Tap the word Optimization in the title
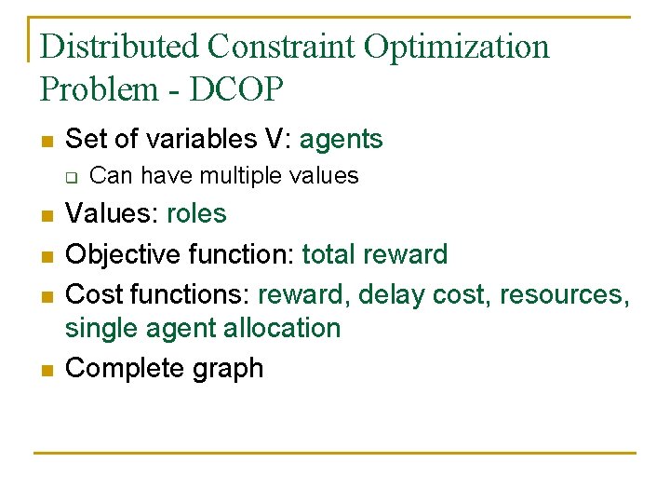tap(457, 47)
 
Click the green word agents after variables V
tap(341, 140)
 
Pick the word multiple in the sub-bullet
tap(236, 175)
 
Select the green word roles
tap(196, 214)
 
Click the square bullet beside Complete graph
tap(46, 370)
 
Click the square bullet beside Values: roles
tap(46, 216)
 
